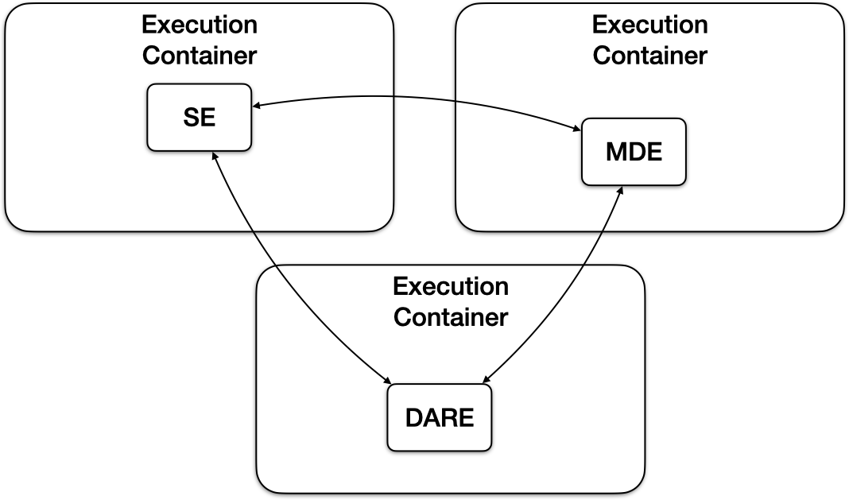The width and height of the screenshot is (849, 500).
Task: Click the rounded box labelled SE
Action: point(199,118)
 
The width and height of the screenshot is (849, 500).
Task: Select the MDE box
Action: point(633,152)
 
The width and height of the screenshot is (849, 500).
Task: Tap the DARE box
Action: point(439,417)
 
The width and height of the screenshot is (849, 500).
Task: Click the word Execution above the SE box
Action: point(200,25)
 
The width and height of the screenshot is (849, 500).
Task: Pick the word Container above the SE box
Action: point(200,56)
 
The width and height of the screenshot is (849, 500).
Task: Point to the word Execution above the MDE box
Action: point(649,25)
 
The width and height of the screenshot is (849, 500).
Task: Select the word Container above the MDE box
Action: point(649,56)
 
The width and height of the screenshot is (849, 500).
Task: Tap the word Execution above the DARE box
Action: point(451,286)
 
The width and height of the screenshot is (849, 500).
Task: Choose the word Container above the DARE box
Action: point(451,318)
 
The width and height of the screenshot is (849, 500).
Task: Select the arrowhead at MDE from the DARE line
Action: point(618,192)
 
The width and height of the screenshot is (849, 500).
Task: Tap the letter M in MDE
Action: point(614,152)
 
